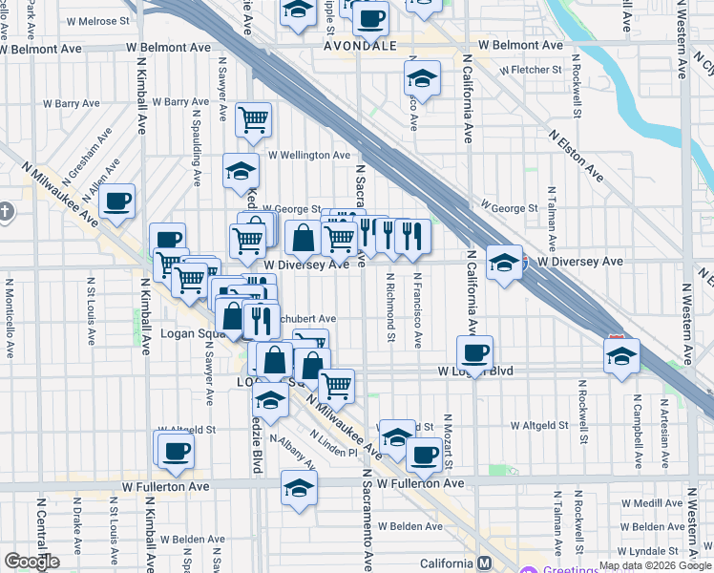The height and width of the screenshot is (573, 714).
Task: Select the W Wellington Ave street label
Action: tap(308, 155)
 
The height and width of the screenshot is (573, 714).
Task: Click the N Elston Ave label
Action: tap(576, 156)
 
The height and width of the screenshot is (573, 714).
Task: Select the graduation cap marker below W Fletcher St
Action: tap(422, 78)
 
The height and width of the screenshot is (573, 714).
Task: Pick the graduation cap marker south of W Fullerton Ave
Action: tap(299, 486)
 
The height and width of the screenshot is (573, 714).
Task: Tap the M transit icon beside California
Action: tap(485, 563)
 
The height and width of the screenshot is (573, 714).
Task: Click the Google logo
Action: tap(32, 562)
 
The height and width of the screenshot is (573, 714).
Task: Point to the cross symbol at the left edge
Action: tap(6, 210)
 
